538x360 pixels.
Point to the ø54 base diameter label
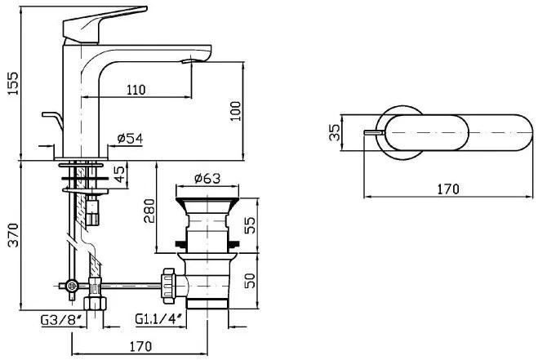(130, 140)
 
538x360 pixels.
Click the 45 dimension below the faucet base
(119, 173)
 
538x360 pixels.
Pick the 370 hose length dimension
(11, 238)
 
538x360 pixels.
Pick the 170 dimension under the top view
(447, 189)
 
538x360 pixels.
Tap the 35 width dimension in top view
(334, 132)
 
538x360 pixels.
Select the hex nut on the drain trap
(171, 281)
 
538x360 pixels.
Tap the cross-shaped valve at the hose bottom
(71, 286)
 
